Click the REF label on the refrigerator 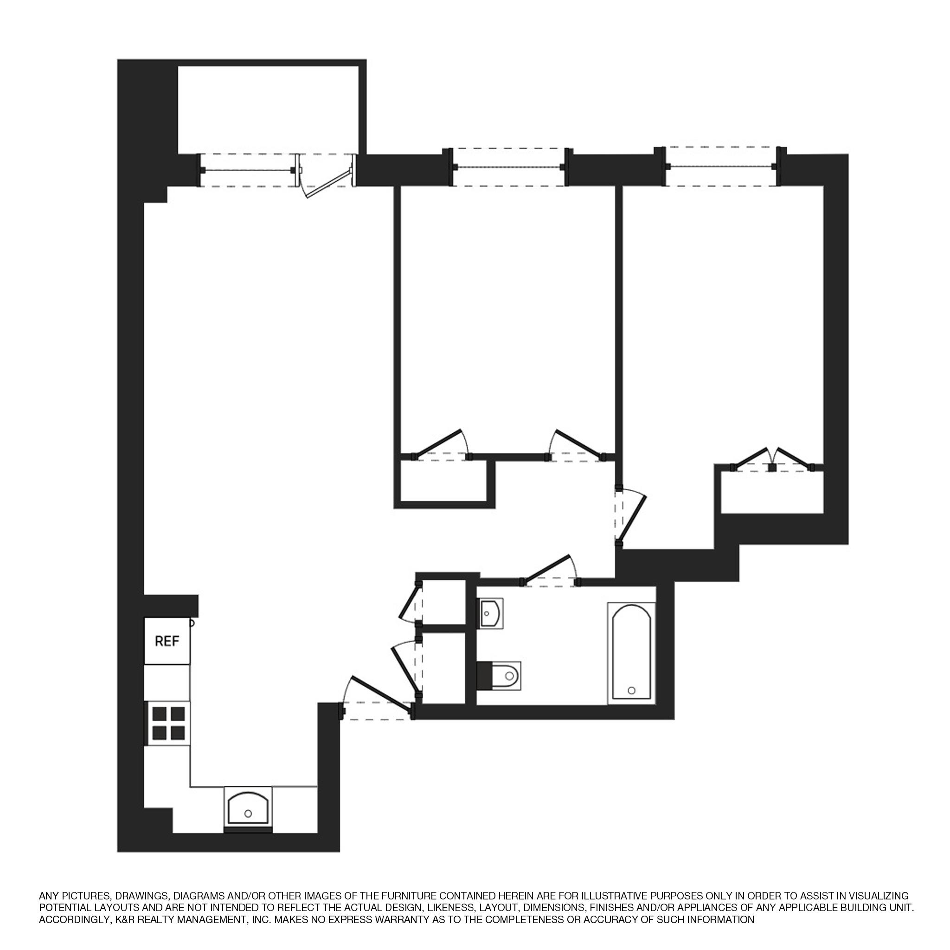pyautogui.click(x=167, y=641)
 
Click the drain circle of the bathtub pyautogui.click(x=632, y=690)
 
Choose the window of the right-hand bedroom pyautogui.click(x=720, y=167)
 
